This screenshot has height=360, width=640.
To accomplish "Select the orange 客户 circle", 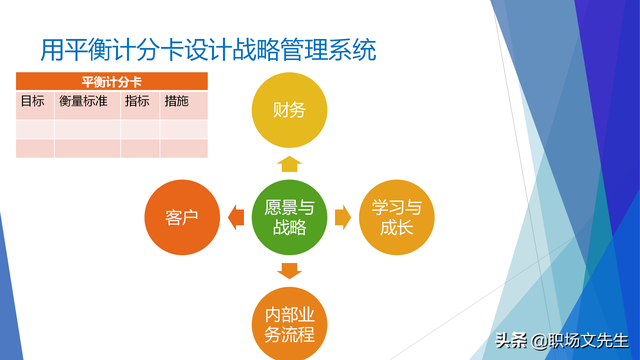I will click(182, 217).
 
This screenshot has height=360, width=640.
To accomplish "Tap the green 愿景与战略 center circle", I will click(289, 217).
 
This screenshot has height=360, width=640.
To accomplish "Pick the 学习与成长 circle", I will click(397, 217).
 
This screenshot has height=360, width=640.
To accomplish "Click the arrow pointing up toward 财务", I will click(289, 164).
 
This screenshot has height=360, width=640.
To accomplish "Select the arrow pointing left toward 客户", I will click(236, 217).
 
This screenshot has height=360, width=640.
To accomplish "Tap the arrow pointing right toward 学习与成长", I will click(343, 217).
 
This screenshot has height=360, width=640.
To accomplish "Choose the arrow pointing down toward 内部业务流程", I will click(289, 270).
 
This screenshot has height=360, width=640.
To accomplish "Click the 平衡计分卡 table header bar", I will click(112, 82).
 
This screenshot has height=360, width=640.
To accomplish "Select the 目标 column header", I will click(33, 101).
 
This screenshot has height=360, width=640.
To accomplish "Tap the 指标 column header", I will click(138, 101).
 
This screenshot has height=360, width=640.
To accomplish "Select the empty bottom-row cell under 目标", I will click(35, 148).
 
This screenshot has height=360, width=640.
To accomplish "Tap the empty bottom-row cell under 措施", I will click(183, 148).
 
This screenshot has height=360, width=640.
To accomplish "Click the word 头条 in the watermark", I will click(512, 341).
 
